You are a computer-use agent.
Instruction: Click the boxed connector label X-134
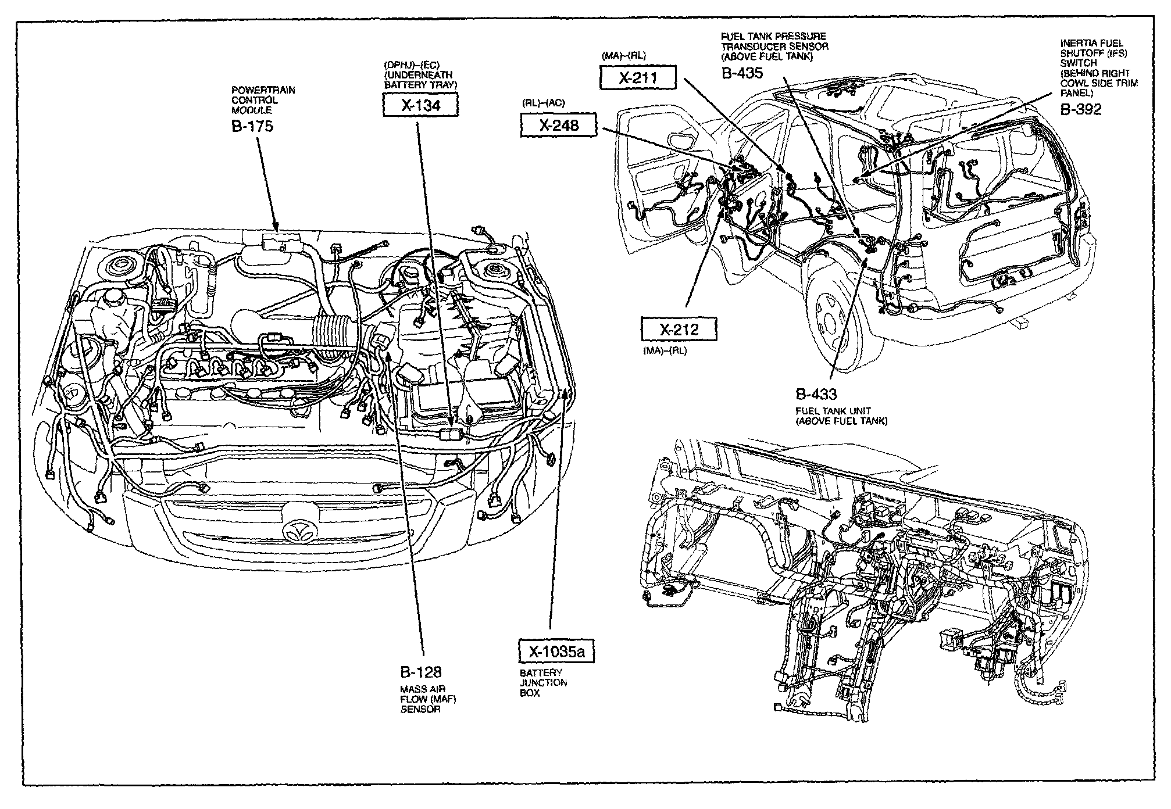pyautogui.click(x=420, y=105)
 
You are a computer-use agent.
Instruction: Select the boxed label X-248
pyautogui.click(x=558, y=124)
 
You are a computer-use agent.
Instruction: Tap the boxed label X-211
pyautogui.click(x=638, y=77)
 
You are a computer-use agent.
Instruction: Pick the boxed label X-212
pyautogui.click(x=679, y=330)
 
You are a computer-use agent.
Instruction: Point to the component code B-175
pyautogui.click(x=252, y=126)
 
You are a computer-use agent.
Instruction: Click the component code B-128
pyautogui.click(x=421, y=672)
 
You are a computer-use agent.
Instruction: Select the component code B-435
pyautogui.click(x=742, y=73)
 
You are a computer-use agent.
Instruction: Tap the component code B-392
pyautogui.click(x=1081, y=109)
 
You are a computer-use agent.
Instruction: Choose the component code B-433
pyautogui.click(x=816, y=395)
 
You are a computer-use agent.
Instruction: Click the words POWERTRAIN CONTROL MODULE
pyautogui.click(x=255, y=100)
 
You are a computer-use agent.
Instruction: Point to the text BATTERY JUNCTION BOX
pyautogui.click(x=541, y=683)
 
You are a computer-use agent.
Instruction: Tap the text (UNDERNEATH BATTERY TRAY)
pyautogui.click(x=421, y=80)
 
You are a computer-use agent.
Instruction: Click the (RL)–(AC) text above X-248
pyautogui.click(x=543, y=103)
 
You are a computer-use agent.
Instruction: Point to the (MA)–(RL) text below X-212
pyautogui.click(x=665, y=351)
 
